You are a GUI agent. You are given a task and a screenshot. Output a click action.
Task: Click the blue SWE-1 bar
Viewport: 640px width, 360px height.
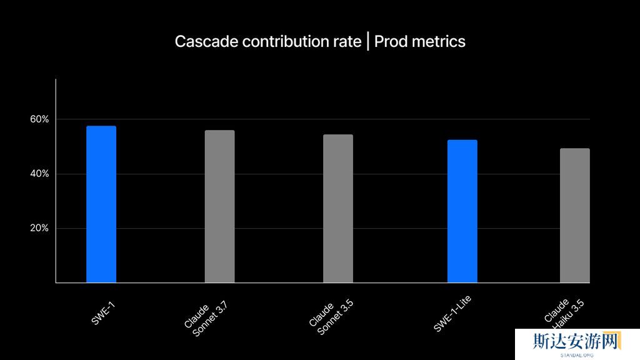(x=101, y=204)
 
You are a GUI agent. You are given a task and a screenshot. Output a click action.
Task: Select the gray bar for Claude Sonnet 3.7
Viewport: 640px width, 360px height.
(x=219, y=206)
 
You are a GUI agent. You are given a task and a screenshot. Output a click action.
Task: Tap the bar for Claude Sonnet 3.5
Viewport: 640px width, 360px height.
(x=337, y=209)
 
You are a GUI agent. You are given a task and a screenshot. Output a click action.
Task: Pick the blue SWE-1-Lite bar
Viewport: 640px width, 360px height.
(x=462, y=211)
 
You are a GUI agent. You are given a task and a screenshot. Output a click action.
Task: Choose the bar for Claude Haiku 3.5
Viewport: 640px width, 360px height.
(x=574, y=216)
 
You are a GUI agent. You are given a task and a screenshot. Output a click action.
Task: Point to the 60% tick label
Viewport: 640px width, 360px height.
(x=39, y=119)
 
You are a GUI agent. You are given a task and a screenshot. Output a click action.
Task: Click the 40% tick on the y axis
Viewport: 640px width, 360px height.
(x=39, y=174)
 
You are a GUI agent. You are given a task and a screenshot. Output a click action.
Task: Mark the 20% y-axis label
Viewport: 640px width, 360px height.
(x=39, y=228)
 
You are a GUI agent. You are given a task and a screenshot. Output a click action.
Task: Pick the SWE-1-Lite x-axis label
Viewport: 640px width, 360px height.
(x=452, y=314)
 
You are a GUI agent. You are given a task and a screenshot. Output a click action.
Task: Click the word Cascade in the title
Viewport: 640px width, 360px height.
(x=206, y=42)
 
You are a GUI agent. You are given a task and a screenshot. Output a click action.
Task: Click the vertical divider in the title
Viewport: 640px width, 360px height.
(x=368, y=42)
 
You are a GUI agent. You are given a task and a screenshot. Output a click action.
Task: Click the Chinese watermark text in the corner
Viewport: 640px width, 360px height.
(x=576, y=341)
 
